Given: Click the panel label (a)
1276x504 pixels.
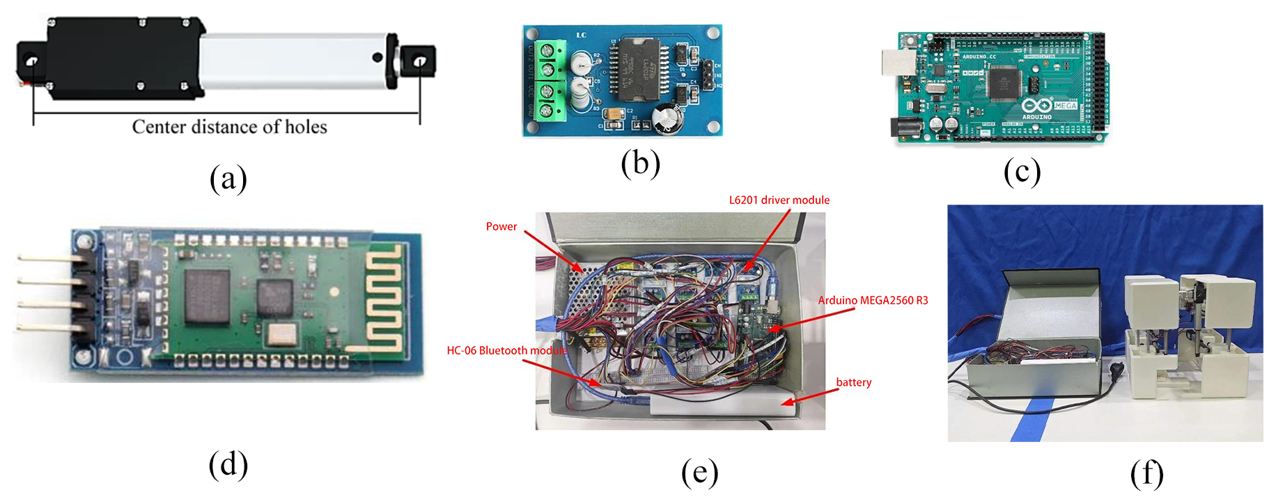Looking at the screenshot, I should click(228, 178).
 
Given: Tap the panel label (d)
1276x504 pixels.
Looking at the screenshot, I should click(228, 465).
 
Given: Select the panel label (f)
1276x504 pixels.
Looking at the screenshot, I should click(1146, 474).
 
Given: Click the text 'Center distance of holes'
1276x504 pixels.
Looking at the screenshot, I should click(229, 127).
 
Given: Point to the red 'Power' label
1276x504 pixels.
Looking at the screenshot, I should click(501, 227).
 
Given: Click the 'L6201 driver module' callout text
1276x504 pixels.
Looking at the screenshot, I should click(779, 200).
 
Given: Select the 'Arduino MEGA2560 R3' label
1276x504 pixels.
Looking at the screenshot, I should click(872, 301).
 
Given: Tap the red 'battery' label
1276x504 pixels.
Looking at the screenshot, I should click(853, 383).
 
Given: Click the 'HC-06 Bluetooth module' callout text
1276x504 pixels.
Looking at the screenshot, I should click(506, 351).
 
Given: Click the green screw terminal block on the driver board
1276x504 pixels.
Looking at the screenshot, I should click(550, 80).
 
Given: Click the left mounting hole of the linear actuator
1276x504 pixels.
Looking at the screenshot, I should click(32, 62).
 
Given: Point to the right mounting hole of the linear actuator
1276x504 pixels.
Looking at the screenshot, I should click(419, 62).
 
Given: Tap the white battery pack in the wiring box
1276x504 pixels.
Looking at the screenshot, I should click(721, 404).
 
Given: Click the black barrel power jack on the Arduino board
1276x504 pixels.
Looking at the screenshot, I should click(904, 127).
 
